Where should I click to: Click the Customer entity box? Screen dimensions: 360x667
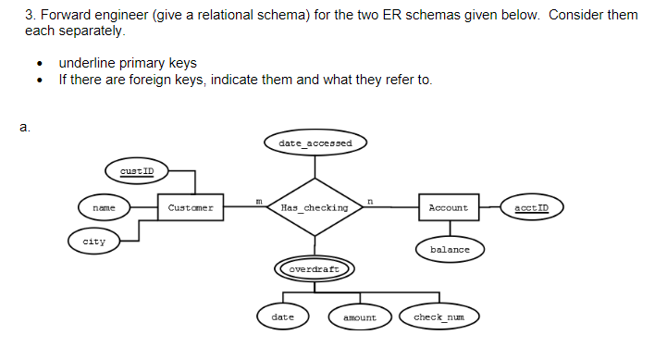pos(191,208)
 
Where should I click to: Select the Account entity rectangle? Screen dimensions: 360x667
pos(449,208)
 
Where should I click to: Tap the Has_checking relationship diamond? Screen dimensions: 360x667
pos(315,208)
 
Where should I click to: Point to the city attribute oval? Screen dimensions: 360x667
pos(94,242)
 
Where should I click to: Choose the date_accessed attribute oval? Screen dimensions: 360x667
pos(315,143)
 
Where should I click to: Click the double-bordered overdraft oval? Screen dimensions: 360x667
pos(315,269)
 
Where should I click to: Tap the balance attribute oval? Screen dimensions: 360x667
pos(449,250)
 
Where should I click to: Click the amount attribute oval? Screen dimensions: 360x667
pos(360,317)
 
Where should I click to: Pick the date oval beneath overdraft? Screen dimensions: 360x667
pos(282,317)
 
